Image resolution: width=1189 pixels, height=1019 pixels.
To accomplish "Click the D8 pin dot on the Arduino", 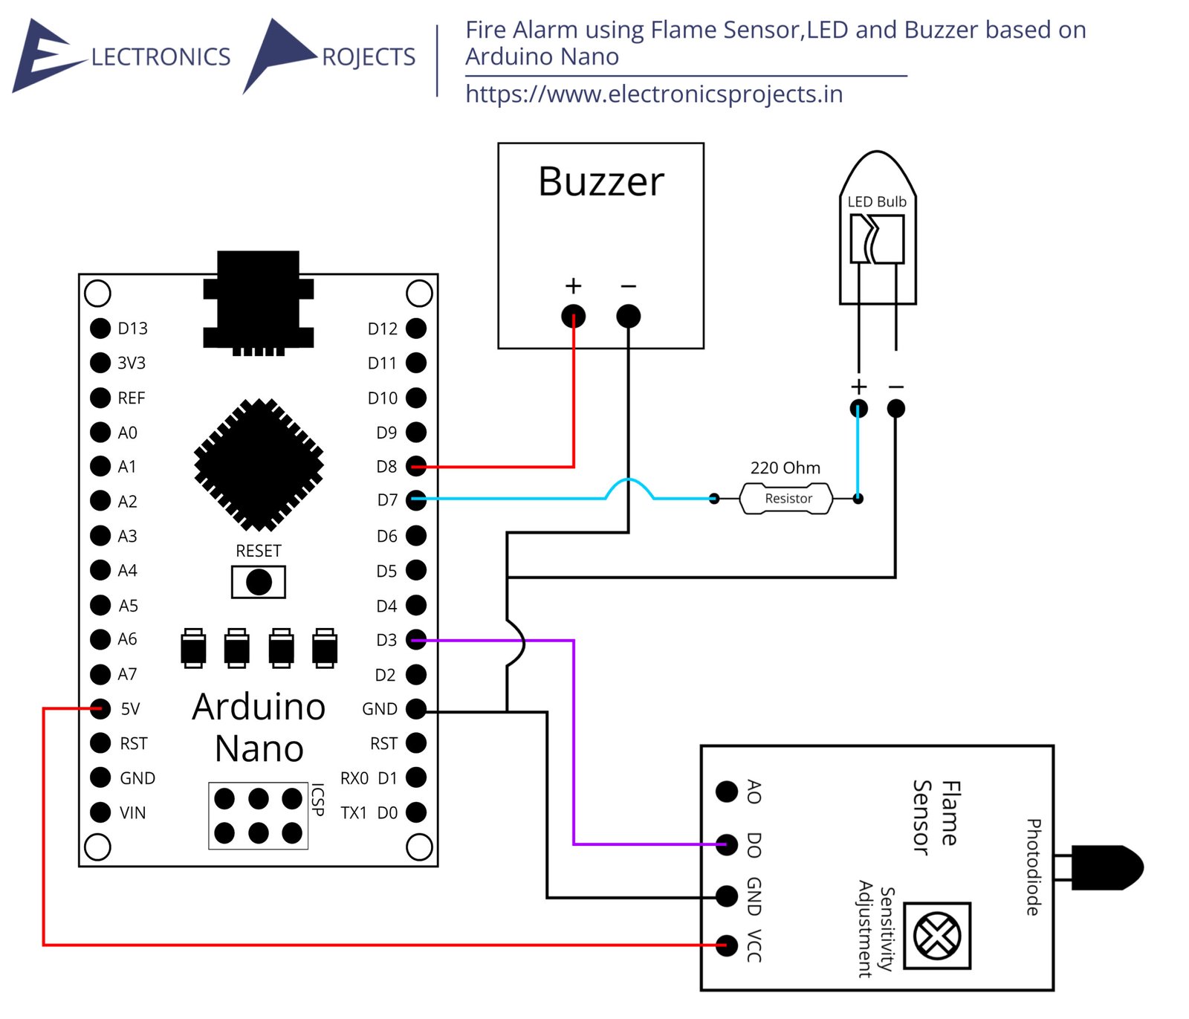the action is point(416,467).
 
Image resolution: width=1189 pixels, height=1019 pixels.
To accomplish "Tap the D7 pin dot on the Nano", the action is point(416,500).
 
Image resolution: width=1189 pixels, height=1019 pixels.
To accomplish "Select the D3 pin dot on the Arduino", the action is point(416,639).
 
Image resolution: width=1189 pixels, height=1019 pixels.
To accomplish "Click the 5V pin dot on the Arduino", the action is point(100,708).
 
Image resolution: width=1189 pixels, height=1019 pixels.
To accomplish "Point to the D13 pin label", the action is point(132,329).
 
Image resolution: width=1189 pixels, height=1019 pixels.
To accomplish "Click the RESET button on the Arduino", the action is point(259,582).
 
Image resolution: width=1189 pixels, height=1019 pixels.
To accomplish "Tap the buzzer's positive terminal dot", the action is point(573,316).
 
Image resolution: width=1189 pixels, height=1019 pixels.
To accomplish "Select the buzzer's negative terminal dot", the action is point(628,316).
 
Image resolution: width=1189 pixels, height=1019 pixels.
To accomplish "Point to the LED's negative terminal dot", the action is point(896,408).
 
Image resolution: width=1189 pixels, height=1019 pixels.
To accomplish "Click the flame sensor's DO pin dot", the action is point(727,844).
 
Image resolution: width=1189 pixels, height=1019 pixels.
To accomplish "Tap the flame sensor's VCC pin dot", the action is point(727,945).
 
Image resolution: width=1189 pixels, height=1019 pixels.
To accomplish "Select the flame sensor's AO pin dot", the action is point(727,792).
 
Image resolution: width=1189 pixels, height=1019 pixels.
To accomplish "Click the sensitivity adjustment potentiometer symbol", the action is point(937,936).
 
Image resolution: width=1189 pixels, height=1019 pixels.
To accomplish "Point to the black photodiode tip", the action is point(1107,867).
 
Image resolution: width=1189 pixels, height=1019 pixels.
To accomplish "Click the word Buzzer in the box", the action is point(601,182).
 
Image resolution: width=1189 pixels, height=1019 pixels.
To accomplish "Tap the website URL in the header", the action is point(654,94).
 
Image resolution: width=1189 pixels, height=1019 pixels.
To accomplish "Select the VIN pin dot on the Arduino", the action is point(100,812).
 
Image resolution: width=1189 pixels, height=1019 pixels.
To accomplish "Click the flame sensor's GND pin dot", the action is point(727,896).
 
